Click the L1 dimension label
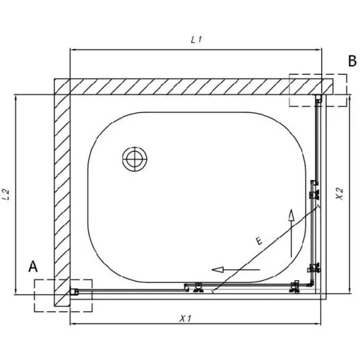coord(197,40)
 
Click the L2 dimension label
coord(6,194)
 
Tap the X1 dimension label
coord(185,319)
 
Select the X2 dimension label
coord(340,194)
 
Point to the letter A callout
coord(33,266)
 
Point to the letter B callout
coord(352,60)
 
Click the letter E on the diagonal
coord(258,240)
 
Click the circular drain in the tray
coord(135,159)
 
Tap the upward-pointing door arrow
coord(291,233)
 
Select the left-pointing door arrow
coord(235,269)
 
